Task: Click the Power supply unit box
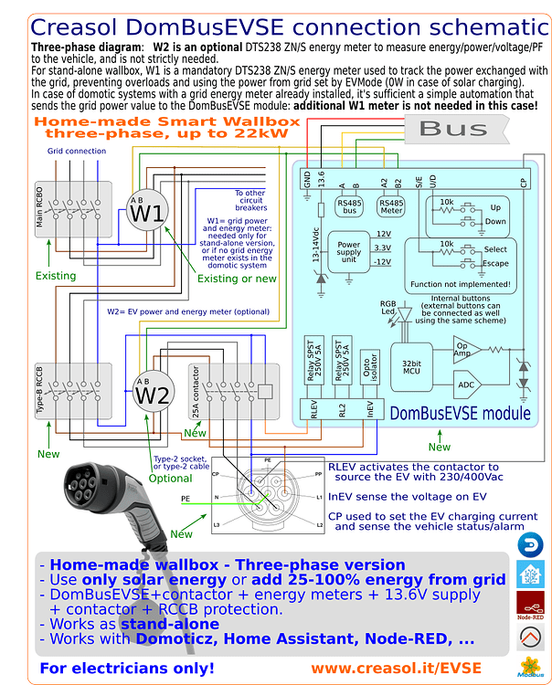(349, 251)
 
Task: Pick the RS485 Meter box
(390, 207)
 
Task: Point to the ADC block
(465, 385)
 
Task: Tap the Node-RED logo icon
(529, 606)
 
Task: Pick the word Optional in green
(170, 478)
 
